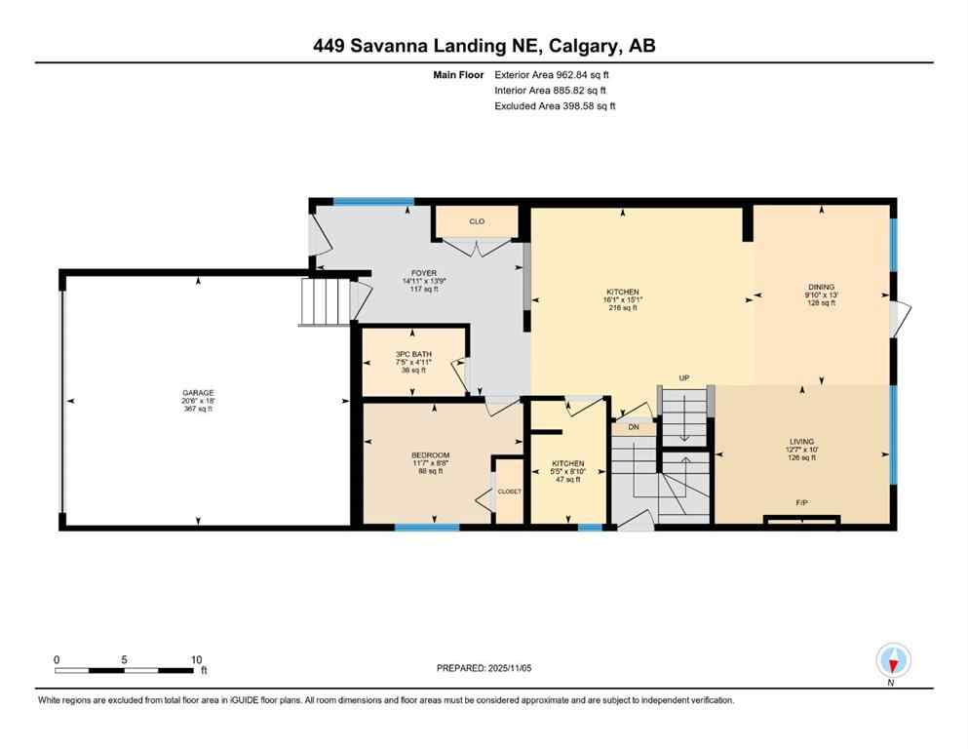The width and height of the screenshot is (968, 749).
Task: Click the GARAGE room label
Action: click(x=197, y=393)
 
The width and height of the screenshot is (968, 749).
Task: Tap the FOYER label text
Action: click(x=424, y=273)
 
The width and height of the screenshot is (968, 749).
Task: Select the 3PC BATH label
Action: click(x=413, y=354)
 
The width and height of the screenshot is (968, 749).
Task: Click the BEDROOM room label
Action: click(x=430, y=455)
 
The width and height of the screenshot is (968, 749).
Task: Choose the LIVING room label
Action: click(x=801, y=441)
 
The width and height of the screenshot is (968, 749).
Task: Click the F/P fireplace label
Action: click(x=801, y=503)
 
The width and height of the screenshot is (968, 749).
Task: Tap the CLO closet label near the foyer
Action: click(x=477, y=222)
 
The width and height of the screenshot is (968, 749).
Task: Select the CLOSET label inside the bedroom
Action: click(x=510, y=492)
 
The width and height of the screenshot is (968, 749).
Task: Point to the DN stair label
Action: click(x=634, y=427)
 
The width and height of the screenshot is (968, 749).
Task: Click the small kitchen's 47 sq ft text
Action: click(x=567, y=480)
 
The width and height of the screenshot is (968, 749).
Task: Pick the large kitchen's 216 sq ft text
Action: click(x=623, y=308)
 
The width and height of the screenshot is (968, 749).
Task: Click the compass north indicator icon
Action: click(x=893, y=660)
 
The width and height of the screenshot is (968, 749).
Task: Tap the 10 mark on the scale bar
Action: click(x=196, y=659)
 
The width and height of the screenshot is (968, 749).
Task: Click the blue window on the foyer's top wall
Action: click(x=373, y=202)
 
